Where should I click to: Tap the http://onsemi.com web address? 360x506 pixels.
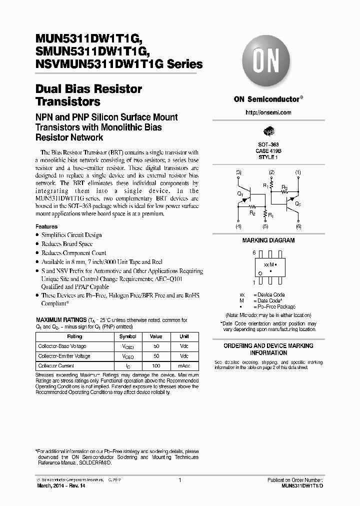pyautogui.click(x=268, y=112)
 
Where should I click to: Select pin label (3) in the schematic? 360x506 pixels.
pyautogui.click(x=238, y=172)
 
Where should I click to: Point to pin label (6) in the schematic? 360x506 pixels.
pyautogui.click(x=298, y=226)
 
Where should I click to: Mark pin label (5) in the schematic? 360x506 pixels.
pyautogui.click(x=265, y=226)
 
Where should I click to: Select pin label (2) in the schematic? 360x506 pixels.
pyautogui.click(x=271, y=172)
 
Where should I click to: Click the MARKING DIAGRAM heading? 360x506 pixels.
pyautogui.click(x=268, y=240)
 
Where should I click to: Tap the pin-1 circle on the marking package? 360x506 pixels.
pyautogui.click(x=260, y=272)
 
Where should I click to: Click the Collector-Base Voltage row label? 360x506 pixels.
pyautogui.click(x=62, y=346)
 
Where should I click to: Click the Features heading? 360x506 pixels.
pyautogui.click(x=46, y=226)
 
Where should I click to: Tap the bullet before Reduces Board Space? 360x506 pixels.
pyautogui.click(x=37, y=244)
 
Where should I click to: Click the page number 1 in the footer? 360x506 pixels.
pyautogui.click(x=179, y=480)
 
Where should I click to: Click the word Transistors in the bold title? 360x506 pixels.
pyautogui.click(x=68, y=102)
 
